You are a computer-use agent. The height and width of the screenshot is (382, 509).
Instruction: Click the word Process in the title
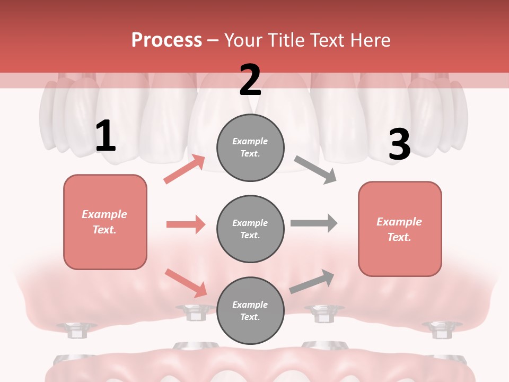(166, 40)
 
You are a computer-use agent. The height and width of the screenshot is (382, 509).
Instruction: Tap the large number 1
(106, 136)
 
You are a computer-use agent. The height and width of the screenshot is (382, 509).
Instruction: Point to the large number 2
(250, 80)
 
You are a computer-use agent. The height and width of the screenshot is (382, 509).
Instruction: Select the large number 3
(399, 144)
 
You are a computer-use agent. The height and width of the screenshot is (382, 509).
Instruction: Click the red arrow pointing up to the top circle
(185, 169)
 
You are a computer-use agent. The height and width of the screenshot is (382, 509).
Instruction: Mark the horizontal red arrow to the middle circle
(186, 224)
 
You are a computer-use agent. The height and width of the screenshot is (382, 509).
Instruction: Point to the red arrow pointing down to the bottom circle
(186, 283)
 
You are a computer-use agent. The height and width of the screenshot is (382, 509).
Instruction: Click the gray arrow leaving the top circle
(315, 170)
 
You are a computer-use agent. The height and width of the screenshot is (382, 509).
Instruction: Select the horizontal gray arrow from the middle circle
(314, 223)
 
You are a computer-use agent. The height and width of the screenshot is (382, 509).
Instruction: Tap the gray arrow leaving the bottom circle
(312, 281)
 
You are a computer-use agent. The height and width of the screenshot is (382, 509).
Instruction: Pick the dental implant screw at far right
(438, 329)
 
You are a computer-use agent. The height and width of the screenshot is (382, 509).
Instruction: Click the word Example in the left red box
(104, 214)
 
